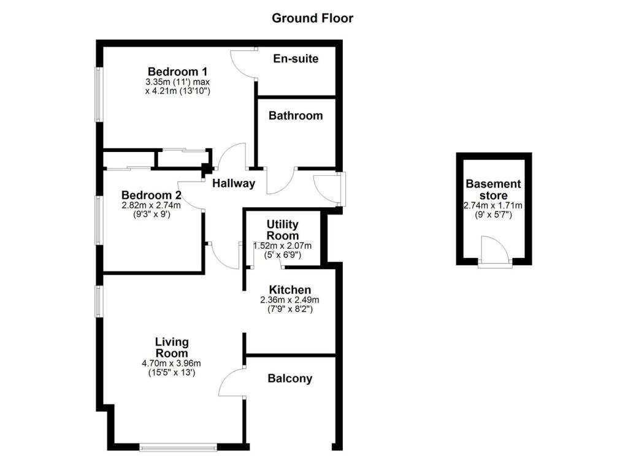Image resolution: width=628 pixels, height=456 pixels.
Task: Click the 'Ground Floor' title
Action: pyautogui.click(x=313, y=18)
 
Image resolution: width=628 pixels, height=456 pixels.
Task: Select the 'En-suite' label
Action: pyautogui.click(x=296, y=59)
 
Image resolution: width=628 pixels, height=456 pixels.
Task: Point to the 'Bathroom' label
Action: pyautogui.click(x=296, y=115)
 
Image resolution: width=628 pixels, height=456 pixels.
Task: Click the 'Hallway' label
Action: pyautogui.click(x=234, y=183)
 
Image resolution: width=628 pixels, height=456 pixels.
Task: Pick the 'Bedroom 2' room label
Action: pyautogui.click(x=151, y=196)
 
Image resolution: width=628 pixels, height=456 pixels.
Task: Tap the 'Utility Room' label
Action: pyautogui.click(x=283, y=230)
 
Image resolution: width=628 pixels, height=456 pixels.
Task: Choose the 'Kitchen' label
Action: pyautogui.click(x=290, y=289)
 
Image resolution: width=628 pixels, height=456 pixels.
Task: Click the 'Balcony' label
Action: pyautogui.click(x=290, y=378)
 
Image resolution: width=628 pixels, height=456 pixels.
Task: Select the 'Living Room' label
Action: pyautogui.click(x=172, y=348)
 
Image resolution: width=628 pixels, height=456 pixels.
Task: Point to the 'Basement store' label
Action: pyautogui.click(x=494, y=189)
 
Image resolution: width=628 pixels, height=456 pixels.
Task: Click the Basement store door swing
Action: pyautogui.click(x=494, y=251)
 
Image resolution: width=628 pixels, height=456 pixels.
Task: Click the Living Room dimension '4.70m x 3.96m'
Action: pyautogui.click(x=172, y=363)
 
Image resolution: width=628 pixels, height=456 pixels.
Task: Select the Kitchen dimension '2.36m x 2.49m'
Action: pyautogui.click(x=290, y=300)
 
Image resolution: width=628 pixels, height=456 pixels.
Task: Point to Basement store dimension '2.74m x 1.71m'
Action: pyautogui.click(x=494, y=206)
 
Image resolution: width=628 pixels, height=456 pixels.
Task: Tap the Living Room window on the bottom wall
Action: pyautogui.click(x=178, y=448)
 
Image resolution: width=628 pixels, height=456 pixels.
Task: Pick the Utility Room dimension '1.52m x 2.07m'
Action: pyautogui.click(x=283, y=246)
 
